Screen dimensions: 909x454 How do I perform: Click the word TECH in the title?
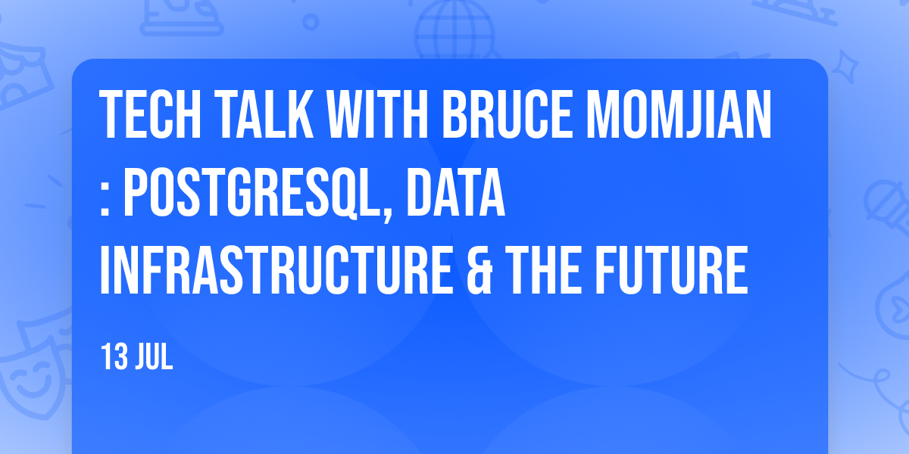[150, 114]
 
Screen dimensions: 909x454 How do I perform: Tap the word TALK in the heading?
[264, 114]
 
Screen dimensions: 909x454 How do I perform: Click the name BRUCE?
[507, 114]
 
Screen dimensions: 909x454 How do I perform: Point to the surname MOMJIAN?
[679, 114]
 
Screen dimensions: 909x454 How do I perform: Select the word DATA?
[455, 192]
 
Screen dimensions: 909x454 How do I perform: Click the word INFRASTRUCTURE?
[276, 270]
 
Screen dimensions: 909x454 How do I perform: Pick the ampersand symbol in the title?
[479, 270]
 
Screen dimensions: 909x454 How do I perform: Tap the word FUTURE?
[671, 270]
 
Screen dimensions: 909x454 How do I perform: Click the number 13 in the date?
[114, 356]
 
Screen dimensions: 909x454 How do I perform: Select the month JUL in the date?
[155, 356]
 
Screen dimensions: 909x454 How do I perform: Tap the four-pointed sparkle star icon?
[845, 67]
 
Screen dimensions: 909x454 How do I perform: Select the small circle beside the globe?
[311, 22]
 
